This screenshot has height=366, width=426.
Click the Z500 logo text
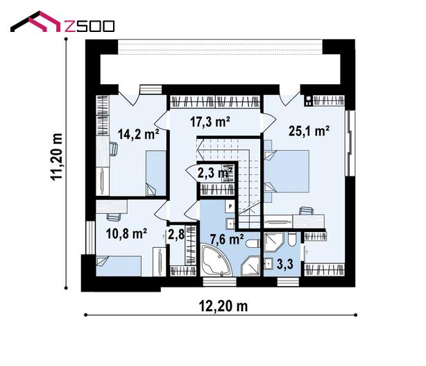point(90,26)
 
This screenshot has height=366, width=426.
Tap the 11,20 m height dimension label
point(56,157)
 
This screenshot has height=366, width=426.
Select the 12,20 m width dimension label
point(223,306)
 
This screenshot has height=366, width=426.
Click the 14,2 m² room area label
point(138,134)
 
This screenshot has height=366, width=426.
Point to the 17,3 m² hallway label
point(210,122)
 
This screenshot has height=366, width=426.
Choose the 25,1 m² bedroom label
point(309,131)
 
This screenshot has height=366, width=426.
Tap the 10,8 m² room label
point(126,233)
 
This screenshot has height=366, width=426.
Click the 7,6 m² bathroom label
point(227,240)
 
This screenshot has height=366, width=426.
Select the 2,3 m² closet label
point(214,173)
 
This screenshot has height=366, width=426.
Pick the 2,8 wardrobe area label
point(176,234)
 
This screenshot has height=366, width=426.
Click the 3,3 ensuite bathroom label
point(285,264)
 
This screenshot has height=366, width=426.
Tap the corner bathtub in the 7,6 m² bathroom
point(216,260)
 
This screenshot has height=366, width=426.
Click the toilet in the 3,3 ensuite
point(293,239)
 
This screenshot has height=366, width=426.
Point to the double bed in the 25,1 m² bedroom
point(287,171)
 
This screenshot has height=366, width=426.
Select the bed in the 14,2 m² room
point(156,173)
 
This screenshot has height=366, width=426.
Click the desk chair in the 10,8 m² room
point(114,217)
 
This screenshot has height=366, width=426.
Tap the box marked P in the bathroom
point(230,206)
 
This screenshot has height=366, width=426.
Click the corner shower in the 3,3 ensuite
point(274,242)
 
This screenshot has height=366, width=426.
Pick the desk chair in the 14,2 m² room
point(114,149)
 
